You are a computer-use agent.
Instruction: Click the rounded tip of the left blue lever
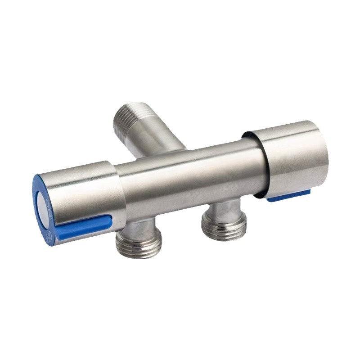pos(108,221)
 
